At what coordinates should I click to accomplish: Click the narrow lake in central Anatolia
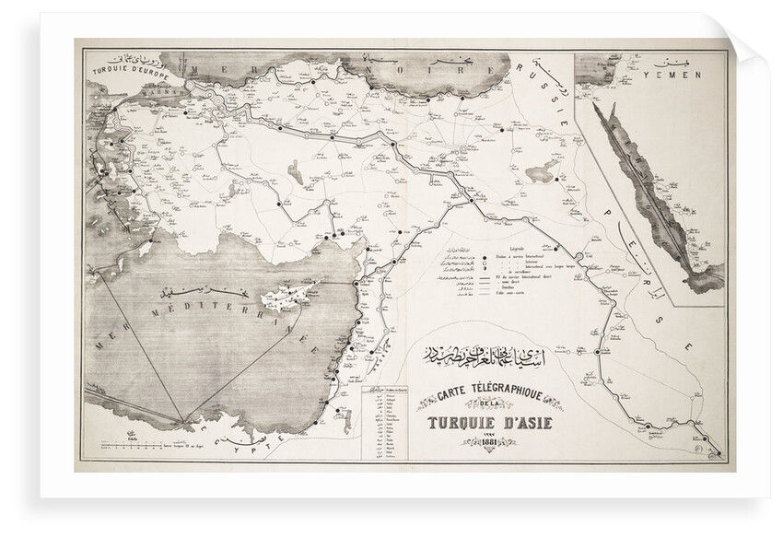[294, 170]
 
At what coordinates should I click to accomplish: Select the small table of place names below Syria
[386, 424]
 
